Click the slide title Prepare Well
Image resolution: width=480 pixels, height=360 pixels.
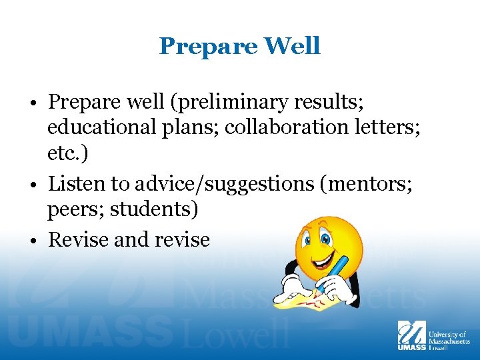239,46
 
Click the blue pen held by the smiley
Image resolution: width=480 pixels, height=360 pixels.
337,270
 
